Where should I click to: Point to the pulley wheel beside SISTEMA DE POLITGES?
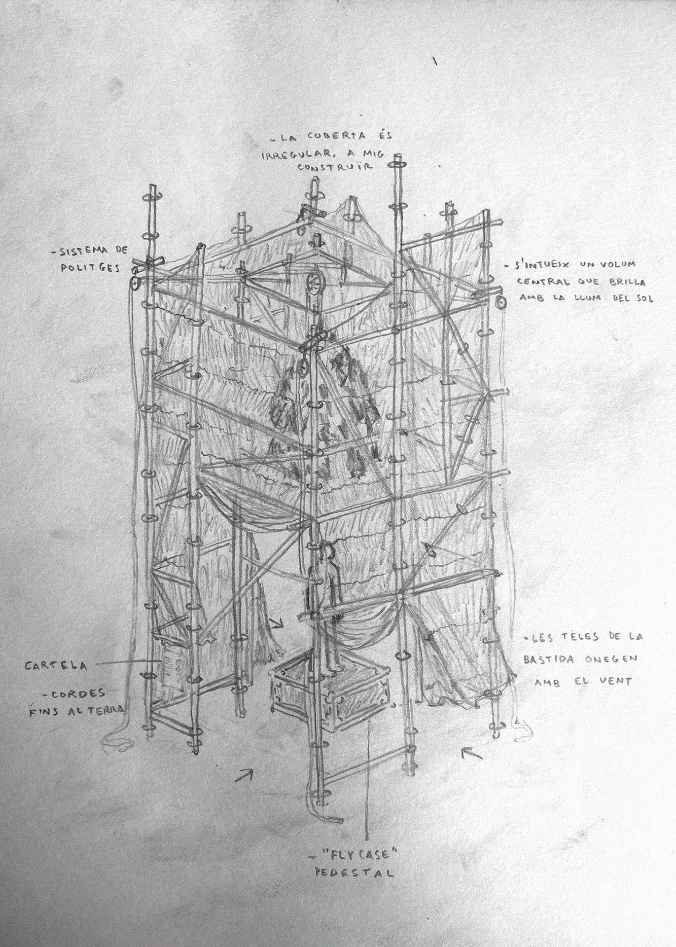(x=134, y=283)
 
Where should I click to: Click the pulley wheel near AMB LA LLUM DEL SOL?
(x=499, y=303)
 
